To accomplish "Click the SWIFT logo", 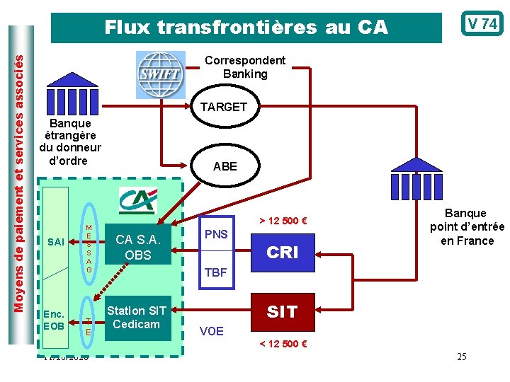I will click(159, 74).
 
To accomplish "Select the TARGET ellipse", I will click(223, 107).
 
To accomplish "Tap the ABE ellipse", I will click(225, 166).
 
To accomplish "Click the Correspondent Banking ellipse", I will click(245, 67).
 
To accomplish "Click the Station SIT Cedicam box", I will click(137, 318).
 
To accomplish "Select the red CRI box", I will click(282, 253).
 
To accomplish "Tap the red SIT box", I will click(282, 312).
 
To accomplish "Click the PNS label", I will click(216, 233).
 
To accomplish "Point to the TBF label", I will click(216, 272).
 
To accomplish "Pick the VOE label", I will click(212, 330).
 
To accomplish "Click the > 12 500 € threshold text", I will click(282, 220).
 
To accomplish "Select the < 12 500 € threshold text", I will click(283, 345).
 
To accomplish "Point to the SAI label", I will click(55, 243).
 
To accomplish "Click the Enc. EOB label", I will click(53, 320).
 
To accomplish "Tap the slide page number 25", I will click(461, 357).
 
